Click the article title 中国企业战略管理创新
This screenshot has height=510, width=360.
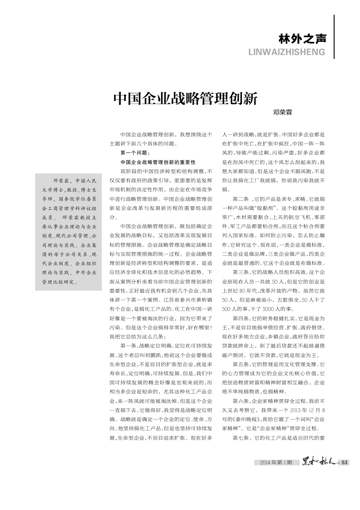185,98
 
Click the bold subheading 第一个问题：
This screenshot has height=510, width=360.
132,153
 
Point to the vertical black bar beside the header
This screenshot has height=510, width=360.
334,36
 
